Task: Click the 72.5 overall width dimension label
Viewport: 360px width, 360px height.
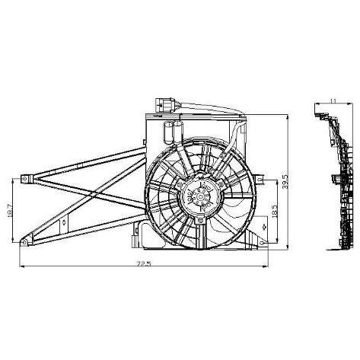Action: [x=144, y=264]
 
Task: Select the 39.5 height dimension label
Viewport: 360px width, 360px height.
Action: [x=285, y=181]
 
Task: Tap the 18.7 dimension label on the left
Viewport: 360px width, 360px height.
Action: [x=10, y=210]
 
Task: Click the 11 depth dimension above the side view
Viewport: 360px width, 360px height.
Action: [x=333, y=100]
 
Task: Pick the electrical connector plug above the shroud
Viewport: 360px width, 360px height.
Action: [x=164, y=105]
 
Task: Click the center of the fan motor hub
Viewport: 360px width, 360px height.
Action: [x=200, y=196]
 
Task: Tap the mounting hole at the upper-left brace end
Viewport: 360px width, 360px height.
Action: [x=24, y=179]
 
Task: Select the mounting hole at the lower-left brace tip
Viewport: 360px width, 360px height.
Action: [x=24, y=243]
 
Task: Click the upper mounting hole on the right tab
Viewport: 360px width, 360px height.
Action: [x=261, y=180]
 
